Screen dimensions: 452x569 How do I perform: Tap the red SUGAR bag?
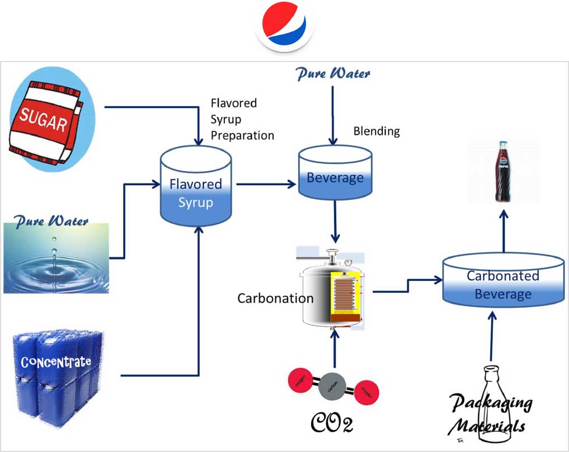pyautogui.click(x=45, y=122)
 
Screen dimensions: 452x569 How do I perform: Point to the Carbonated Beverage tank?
pyautogui.click(x=503, y=281)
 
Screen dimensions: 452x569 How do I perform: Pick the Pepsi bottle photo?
pyautogui.click(x=503, y=172)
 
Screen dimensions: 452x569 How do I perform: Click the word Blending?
pyautogui.click(x=377, y=131)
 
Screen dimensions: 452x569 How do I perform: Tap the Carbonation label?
pyautogui.click(x=275, y=298)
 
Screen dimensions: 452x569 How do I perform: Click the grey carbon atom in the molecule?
pyautogui.click(x=335, y=386)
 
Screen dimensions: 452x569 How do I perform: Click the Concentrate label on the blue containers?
pyautogui.click(x=56, y=362)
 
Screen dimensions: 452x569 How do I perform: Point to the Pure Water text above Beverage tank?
pyautogui.click(x=333, y=73)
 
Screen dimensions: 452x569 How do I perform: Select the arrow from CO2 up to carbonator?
pyautogui.click(x=335, y=347)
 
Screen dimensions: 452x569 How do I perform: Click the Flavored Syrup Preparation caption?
pyautogui.click(x=242, y=119)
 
